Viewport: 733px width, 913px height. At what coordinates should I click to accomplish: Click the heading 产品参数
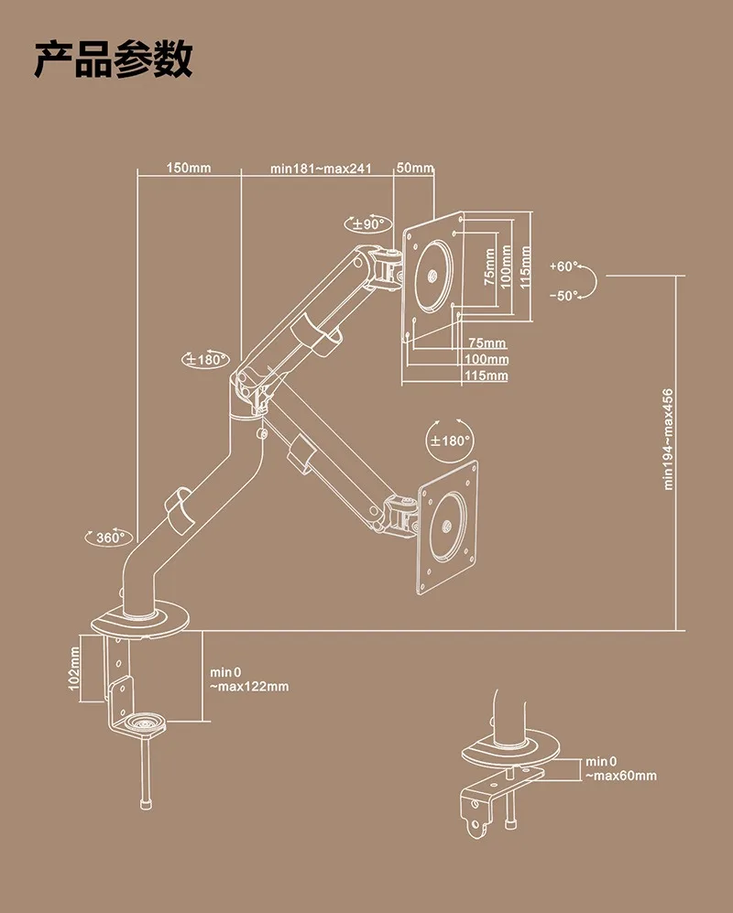click(113, 60)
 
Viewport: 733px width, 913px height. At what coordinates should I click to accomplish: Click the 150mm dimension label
click(188, 168)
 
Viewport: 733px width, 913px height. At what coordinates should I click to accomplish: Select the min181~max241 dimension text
click(321, 168)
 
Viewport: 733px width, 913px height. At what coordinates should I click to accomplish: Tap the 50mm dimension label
click(415, 168)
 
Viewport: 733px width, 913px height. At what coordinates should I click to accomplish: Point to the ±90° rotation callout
click(368, 223)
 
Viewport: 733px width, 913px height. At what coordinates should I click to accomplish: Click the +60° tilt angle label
click(563, 266)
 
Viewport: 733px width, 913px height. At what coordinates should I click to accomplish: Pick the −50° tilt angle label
click(563, 296)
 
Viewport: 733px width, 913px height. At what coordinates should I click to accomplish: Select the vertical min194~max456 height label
click(668, 439)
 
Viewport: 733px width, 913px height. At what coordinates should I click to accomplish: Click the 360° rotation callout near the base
click(109, 537)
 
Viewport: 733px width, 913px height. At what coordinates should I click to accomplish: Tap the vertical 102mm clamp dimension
click(74, 669)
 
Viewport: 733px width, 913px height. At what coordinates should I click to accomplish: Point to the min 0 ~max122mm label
click(249, 679)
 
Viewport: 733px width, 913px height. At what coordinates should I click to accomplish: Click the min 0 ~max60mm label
click(621, 768)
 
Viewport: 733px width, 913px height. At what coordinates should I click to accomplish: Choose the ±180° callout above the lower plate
click(449, 440)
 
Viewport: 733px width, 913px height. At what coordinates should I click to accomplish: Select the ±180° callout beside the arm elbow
click(205, 359)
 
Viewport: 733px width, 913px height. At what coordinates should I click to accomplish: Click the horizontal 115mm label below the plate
click(486, 375)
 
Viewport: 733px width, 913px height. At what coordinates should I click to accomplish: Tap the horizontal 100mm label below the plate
click(487, 359)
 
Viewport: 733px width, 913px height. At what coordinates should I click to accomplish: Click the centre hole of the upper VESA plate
click(432, 276)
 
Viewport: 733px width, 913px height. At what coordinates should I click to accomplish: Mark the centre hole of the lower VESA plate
click(447, 526)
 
